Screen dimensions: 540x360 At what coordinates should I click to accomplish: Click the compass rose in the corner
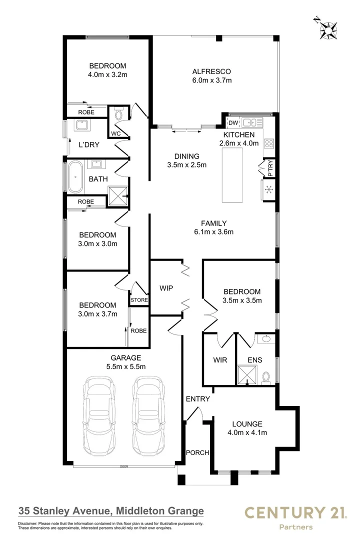pyautogui.click(x=328, y=29)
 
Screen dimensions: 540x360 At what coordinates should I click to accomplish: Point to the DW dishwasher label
pyautogui.click(x=233, y=123)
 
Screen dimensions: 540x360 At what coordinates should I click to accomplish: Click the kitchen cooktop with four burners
pyautogui.click(x=268, y=144)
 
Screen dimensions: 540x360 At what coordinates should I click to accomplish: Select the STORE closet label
pyautogui.click(x=139, y=300)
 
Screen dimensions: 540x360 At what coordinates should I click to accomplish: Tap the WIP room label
pyautogui.click(x=166, y=288)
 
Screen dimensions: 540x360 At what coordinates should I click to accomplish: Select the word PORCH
pyautogui.click(x=197, y=452)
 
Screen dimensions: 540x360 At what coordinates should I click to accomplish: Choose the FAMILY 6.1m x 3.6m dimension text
pyautogui.click(x=213, y=231)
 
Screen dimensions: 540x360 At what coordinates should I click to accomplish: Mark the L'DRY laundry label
pyautogui.click(x=89, y=145)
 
